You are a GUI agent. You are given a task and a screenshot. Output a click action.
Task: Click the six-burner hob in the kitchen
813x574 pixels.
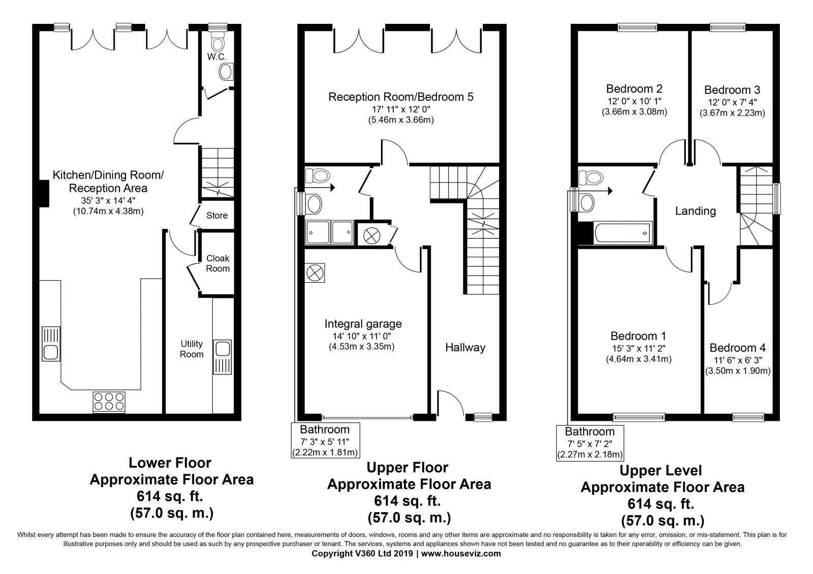[109, 402]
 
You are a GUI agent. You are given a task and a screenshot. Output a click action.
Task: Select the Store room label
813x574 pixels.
[217, 215]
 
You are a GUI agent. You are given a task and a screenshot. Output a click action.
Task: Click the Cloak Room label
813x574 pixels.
[218, 263]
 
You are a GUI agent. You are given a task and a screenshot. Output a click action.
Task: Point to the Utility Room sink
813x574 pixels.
[222, 357]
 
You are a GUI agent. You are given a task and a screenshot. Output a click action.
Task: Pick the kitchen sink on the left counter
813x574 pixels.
[51, 344]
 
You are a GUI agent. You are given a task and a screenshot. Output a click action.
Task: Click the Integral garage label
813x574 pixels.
[363, 324]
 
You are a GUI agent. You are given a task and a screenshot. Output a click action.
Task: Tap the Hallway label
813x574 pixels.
[465, 347]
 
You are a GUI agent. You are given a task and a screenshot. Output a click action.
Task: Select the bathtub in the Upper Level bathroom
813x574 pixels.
[623, 232]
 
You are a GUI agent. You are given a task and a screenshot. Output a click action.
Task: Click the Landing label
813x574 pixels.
[696, 211]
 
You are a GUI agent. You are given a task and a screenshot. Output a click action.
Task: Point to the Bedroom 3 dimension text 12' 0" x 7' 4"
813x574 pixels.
[732, 103]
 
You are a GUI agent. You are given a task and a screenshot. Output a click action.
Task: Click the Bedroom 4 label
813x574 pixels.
[737, 348]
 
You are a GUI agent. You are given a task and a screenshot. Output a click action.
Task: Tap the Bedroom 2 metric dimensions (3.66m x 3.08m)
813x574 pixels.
[635, 112]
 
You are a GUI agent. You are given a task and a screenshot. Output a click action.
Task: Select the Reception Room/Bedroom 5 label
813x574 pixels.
[401, 97]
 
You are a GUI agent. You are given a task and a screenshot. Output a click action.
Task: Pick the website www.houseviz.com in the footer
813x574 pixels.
[461, 553]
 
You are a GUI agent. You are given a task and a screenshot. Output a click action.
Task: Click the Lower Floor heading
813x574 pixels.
[170, 463]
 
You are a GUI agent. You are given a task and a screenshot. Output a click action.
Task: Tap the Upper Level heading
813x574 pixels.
[661, 470]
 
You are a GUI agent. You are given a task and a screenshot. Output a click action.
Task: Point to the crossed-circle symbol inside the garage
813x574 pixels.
[315, 273]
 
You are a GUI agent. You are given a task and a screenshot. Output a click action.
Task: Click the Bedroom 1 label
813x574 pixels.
[638, 336]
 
